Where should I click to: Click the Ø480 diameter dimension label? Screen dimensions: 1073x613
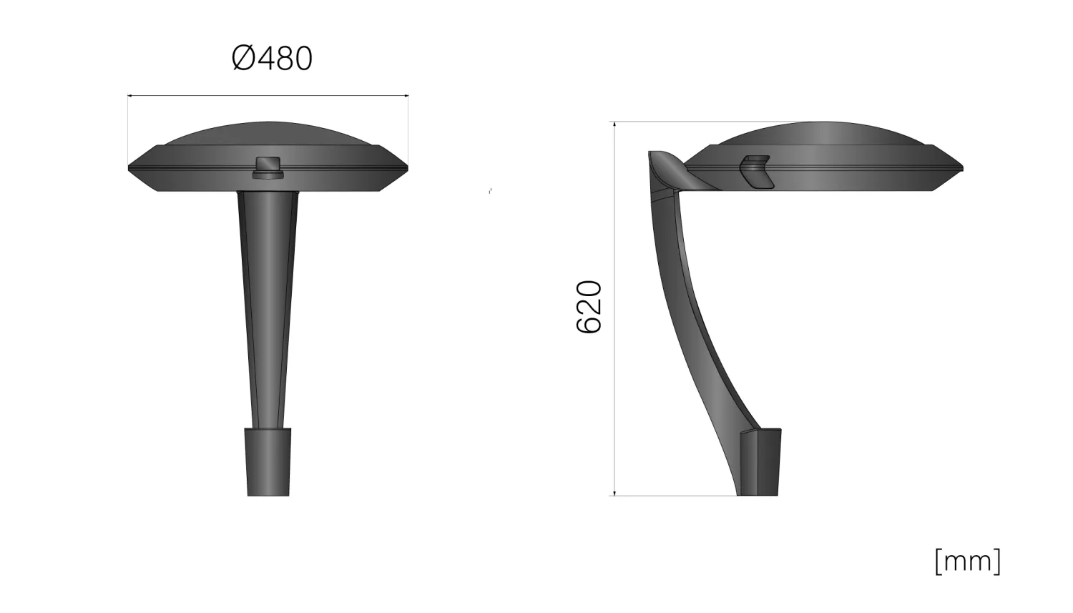(x=272, y=59)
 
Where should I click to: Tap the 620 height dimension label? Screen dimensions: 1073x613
(x=588, y=306)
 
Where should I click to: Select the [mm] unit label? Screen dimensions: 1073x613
(x=968, y=561)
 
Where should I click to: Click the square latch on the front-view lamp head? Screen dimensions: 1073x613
(x=268, y=167)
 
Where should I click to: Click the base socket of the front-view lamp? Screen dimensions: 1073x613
(x=268, y=462)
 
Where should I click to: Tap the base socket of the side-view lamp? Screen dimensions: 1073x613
(x=760, y=462)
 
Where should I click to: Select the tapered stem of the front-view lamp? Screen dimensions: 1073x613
(x=268, y=309)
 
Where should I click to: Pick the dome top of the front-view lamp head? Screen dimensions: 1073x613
(x=268, y=133)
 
